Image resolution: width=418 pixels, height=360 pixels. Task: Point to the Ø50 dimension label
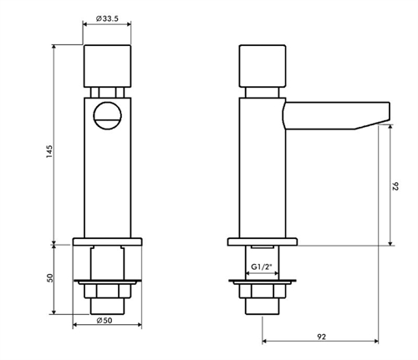pyautogui.click(x=105, y=321)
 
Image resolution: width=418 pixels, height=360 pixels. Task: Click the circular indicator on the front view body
pyautogui.click(x=107, y=115)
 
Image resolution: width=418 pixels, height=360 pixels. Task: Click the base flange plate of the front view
pyautogui.click(x=106, y=242)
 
